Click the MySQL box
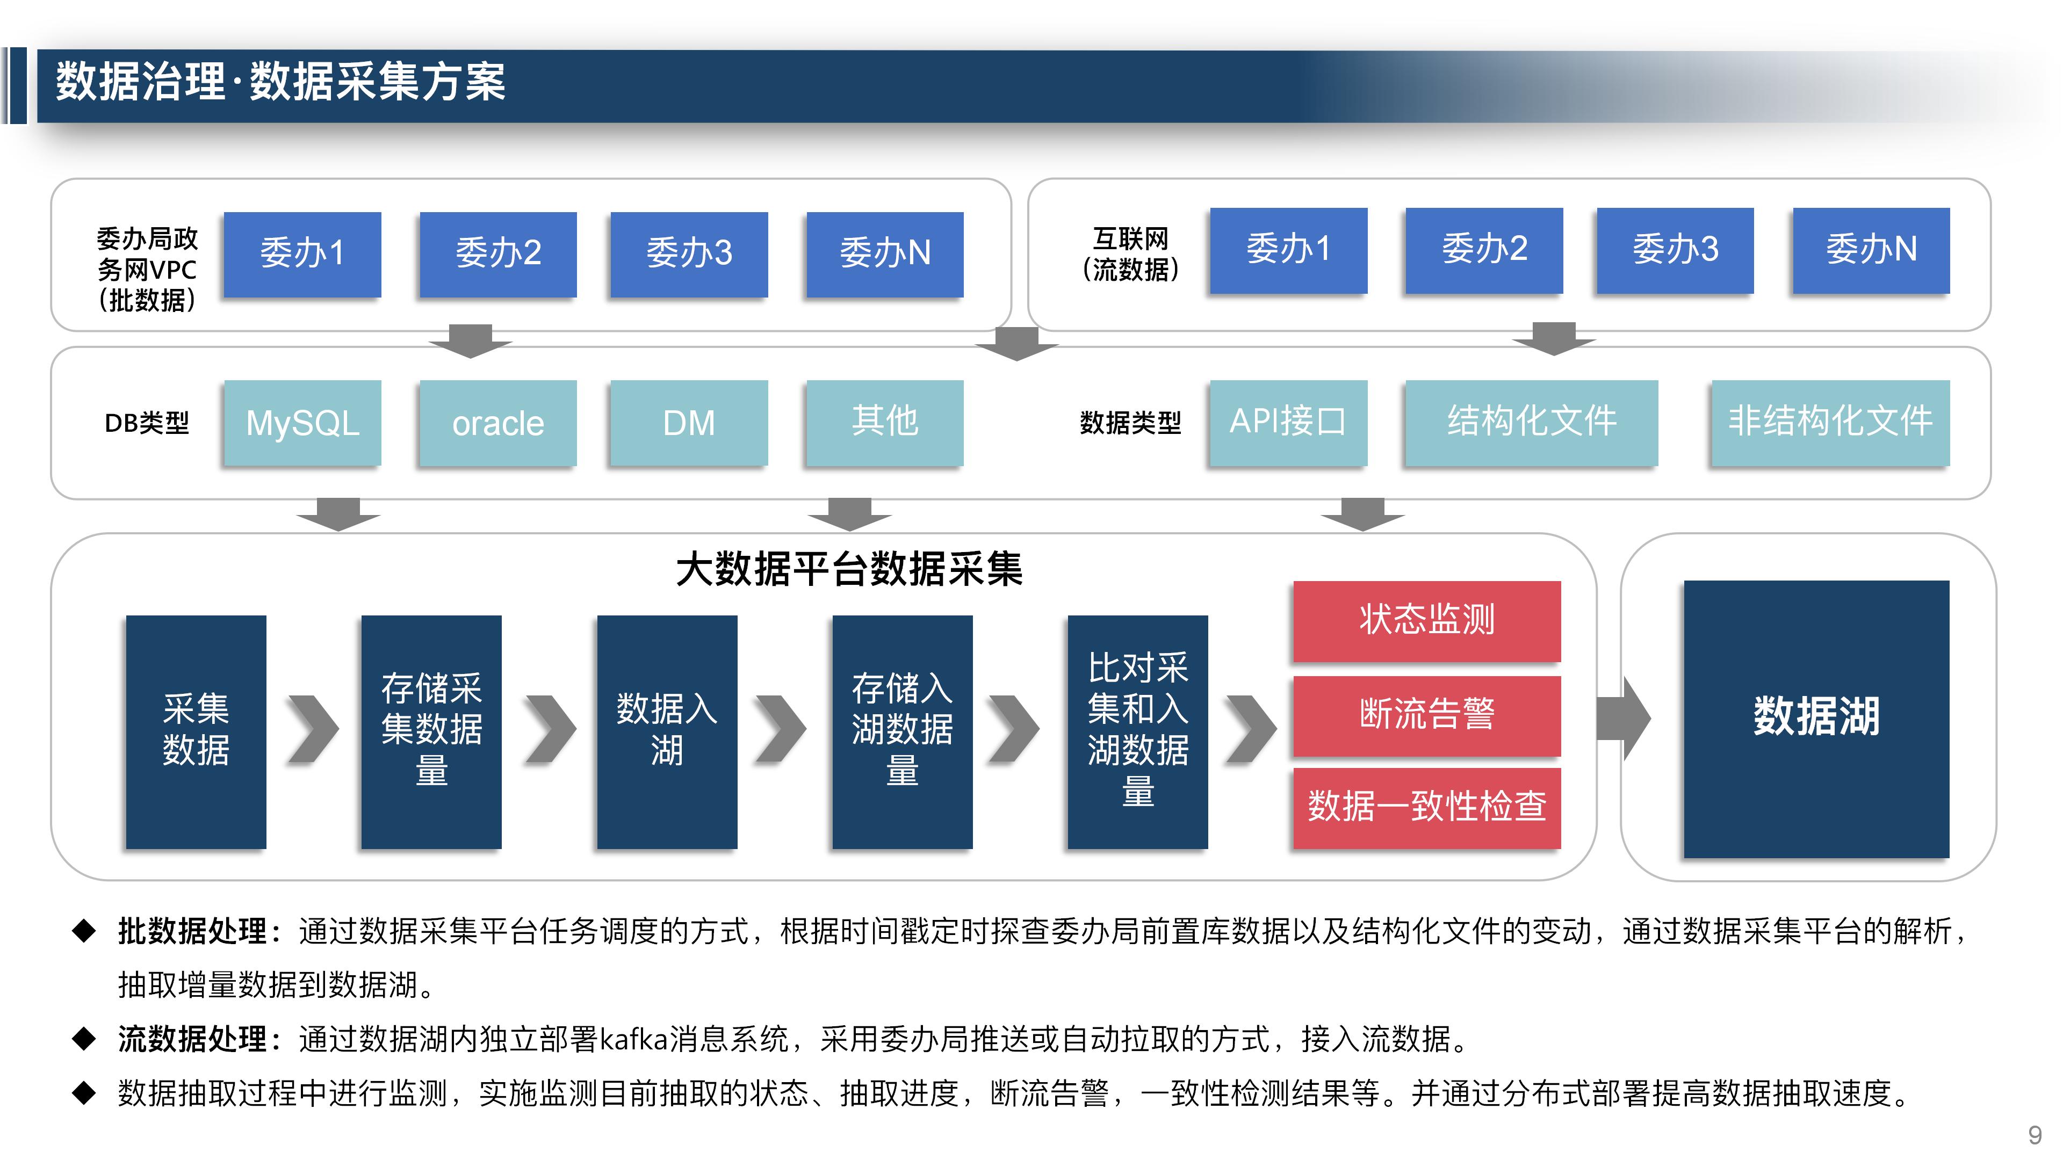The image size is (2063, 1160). coord(302,423)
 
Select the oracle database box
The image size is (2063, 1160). coord(497,423)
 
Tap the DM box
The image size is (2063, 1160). coord(689,423)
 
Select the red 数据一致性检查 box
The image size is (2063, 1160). coord(1426,806)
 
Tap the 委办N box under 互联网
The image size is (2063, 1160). coord(1871,250)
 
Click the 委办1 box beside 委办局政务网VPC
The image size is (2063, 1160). coord(302,254)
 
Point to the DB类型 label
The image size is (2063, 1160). coord(147,423)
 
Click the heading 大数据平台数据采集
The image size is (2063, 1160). coord(849,570)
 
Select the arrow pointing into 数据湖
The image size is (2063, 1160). coord(1624,717)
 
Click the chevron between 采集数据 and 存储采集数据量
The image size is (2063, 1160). coord(313,729)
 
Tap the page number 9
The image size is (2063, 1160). coord(2034,1134)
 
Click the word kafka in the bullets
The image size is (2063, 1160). coord(633,1039)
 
